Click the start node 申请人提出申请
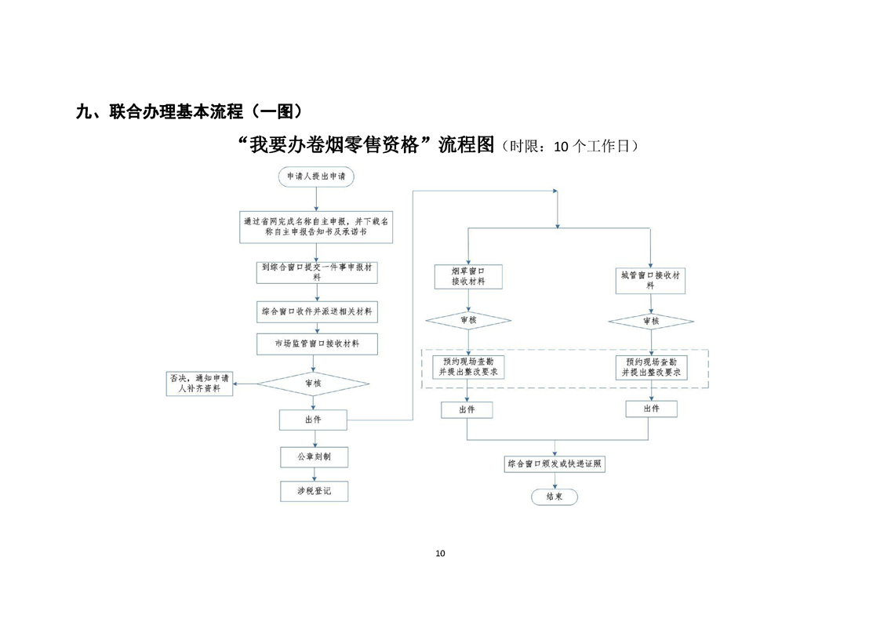click(315, 177)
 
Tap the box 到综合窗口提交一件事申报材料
click(317, 271)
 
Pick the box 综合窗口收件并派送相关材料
click(317, 311)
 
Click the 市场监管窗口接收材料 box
click(317, 344)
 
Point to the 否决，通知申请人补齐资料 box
click(200, 383)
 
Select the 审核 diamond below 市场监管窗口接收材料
click(313, 384)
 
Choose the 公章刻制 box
click(314, 456)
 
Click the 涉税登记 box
click(314, 491)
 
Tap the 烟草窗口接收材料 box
click(467, 275)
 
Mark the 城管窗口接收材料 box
click(650, 280)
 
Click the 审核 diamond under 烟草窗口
click(467, 321)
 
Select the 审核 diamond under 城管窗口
click(651, 322)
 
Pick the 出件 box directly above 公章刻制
click(313, 420)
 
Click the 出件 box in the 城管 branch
click(651, 409)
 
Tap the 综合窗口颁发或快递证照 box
click(555, 464)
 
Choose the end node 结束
click(555, 497)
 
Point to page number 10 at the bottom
click(440, 554)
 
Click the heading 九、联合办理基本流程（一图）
click(189, 111)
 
